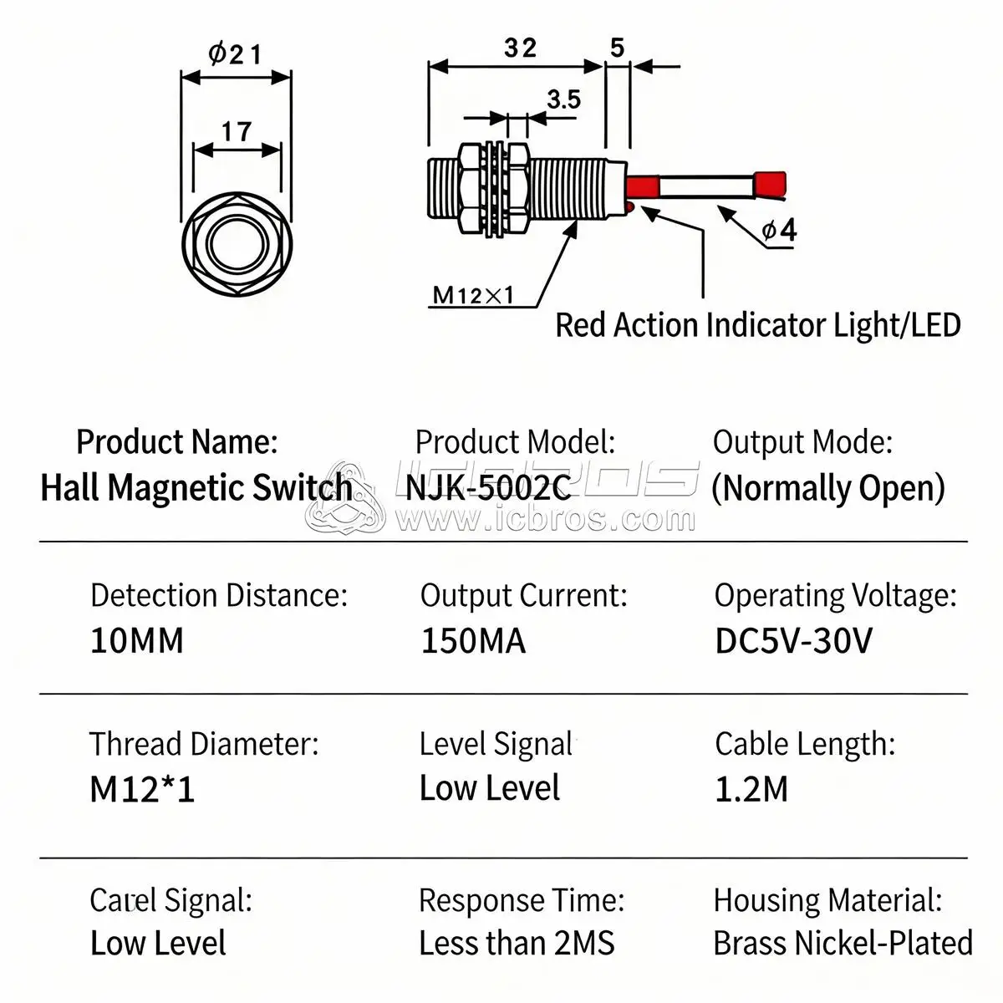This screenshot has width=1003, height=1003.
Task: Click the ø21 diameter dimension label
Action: [x=235, y=54]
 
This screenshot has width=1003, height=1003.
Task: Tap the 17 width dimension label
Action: [x=237, y=131]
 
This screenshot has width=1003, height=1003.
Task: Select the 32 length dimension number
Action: [x=519, y=48]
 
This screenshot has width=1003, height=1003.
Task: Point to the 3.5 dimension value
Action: [x=563, y=99]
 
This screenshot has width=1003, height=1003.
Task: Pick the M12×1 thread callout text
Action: [x=473, y=295]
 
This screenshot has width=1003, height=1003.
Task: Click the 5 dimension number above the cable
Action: [x=617, y=48]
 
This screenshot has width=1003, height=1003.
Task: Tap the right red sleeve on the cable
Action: [x=768, y=185]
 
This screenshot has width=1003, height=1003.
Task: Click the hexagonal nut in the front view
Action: [x=237, y=243]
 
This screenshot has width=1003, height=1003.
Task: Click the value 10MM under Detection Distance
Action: [x=136, y=641]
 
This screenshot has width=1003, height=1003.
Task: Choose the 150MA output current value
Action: [x=473, y=641]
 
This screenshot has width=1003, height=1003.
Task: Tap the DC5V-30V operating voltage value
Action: [x=793, y=641]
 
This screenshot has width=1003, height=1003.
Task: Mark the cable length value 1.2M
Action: [x=751, y=789]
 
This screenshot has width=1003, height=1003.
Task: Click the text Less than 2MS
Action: [x=517, y=943]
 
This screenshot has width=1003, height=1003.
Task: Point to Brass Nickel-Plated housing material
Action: [x=843, y=943]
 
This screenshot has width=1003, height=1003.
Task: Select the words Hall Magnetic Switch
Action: [x=196, y=487]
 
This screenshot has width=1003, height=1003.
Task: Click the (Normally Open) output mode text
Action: [x=827, y=487]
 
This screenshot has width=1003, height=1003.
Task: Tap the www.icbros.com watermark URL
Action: [x=544, y=520]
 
